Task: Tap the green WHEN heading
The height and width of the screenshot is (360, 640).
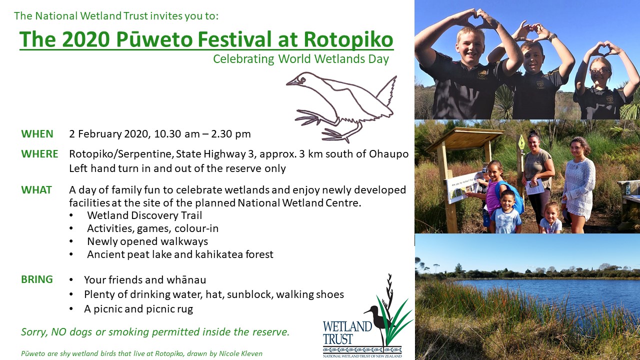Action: pos(37,134)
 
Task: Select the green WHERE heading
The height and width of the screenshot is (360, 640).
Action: pos(39,154)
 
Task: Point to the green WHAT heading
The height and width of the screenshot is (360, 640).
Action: pos(36,190)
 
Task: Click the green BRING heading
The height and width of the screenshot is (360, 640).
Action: pos(37,279)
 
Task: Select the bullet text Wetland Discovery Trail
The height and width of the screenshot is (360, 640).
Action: pos(144,215)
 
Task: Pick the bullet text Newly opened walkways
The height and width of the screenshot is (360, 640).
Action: pos(147,241)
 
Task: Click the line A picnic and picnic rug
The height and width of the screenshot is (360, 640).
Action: pos(138,309)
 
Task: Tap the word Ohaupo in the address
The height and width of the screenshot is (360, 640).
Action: pos(389,154)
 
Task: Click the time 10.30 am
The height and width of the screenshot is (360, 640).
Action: pos(177,134)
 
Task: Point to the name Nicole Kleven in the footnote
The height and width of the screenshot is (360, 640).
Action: pos(240,353)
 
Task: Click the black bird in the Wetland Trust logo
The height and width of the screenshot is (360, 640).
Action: pos(376,317)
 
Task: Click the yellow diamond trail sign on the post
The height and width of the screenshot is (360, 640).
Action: pos(521,142)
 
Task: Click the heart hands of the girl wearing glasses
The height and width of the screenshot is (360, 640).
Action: pos(603,49)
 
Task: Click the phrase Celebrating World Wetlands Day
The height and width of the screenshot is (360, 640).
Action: pos(301,59)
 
